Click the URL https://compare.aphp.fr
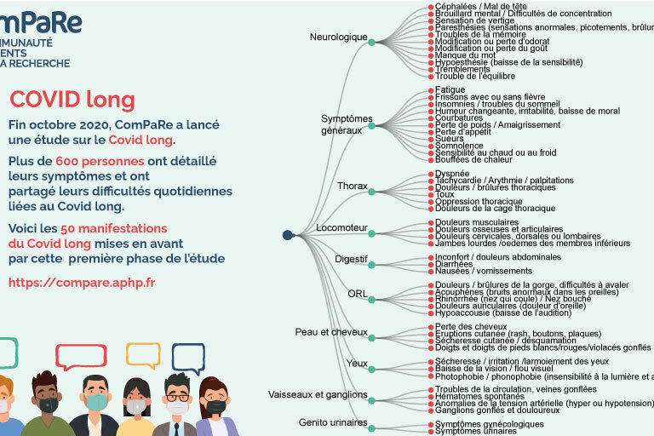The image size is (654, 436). (82, 281)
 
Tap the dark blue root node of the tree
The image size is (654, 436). (288, 235)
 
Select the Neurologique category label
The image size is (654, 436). (338, 37)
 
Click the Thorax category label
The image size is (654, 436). (352, 186)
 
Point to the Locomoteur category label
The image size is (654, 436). (341, 228)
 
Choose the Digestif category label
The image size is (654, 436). (351, 258)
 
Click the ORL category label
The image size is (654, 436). (358, 294)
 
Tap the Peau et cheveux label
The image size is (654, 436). (331, 331)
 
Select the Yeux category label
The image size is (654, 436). (357, 363)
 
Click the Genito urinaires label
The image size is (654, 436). (333, 422)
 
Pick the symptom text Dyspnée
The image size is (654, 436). (452, 174)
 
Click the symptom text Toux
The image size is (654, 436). (445, 195)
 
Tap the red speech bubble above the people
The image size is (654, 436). (81, 356)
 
